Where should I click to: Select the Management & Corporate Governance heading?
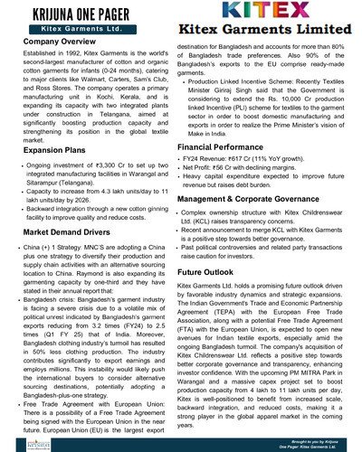point(260,198)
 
